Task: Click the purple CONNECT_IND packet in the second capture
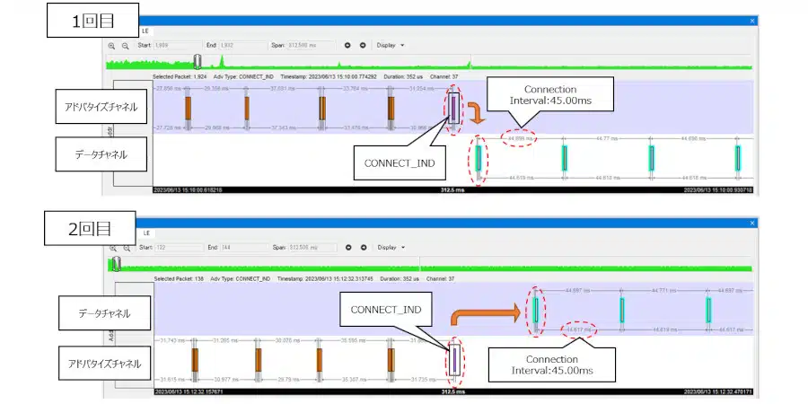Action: (454, 360)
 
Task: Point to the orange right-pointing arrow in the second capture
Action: (486, 314)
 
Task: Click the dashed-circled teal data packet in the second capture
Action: (536, 311)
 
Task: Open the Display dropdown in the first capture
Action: (391, 44)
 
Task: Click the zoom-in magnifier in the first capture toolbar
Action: (111, 44)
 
